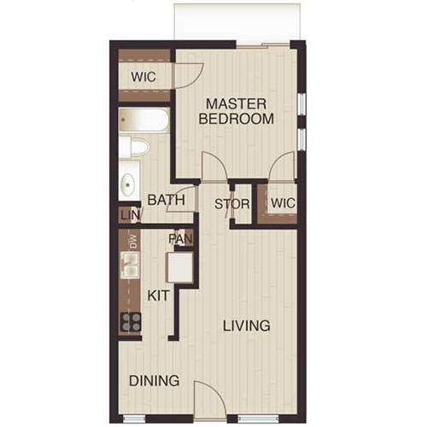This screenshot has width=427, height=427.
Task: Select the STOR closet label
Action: [x=231, y=204]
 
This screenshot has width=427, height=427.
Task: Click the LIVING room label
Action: [x=247, y=325]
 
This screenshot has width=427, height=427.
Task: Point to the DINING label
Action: [x=154, y=380]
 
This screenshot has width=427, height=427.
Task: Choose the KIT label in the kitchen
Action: [x=158, y=295]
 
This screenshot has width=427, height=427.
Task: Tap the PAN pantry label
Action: [x=179, y=238]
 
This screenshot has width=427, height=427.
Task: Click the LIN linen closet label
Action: [x=129, y=215]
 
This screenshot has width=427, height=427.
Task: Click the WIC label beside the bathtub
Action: [x=143, y=75]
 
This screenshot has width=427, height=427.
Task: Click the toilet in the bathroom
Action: [x=133, y=149]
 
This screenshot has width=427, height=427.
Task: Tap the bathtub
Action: [x=143, y=119]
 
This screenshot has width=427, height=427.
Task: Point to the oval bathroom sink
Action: [x=130, y=184]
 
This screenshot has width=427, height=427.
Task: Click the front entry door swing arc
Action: [x=208, y=401]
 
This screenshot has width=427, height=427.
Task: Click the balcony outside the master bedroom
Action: [x=237, y=21]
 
